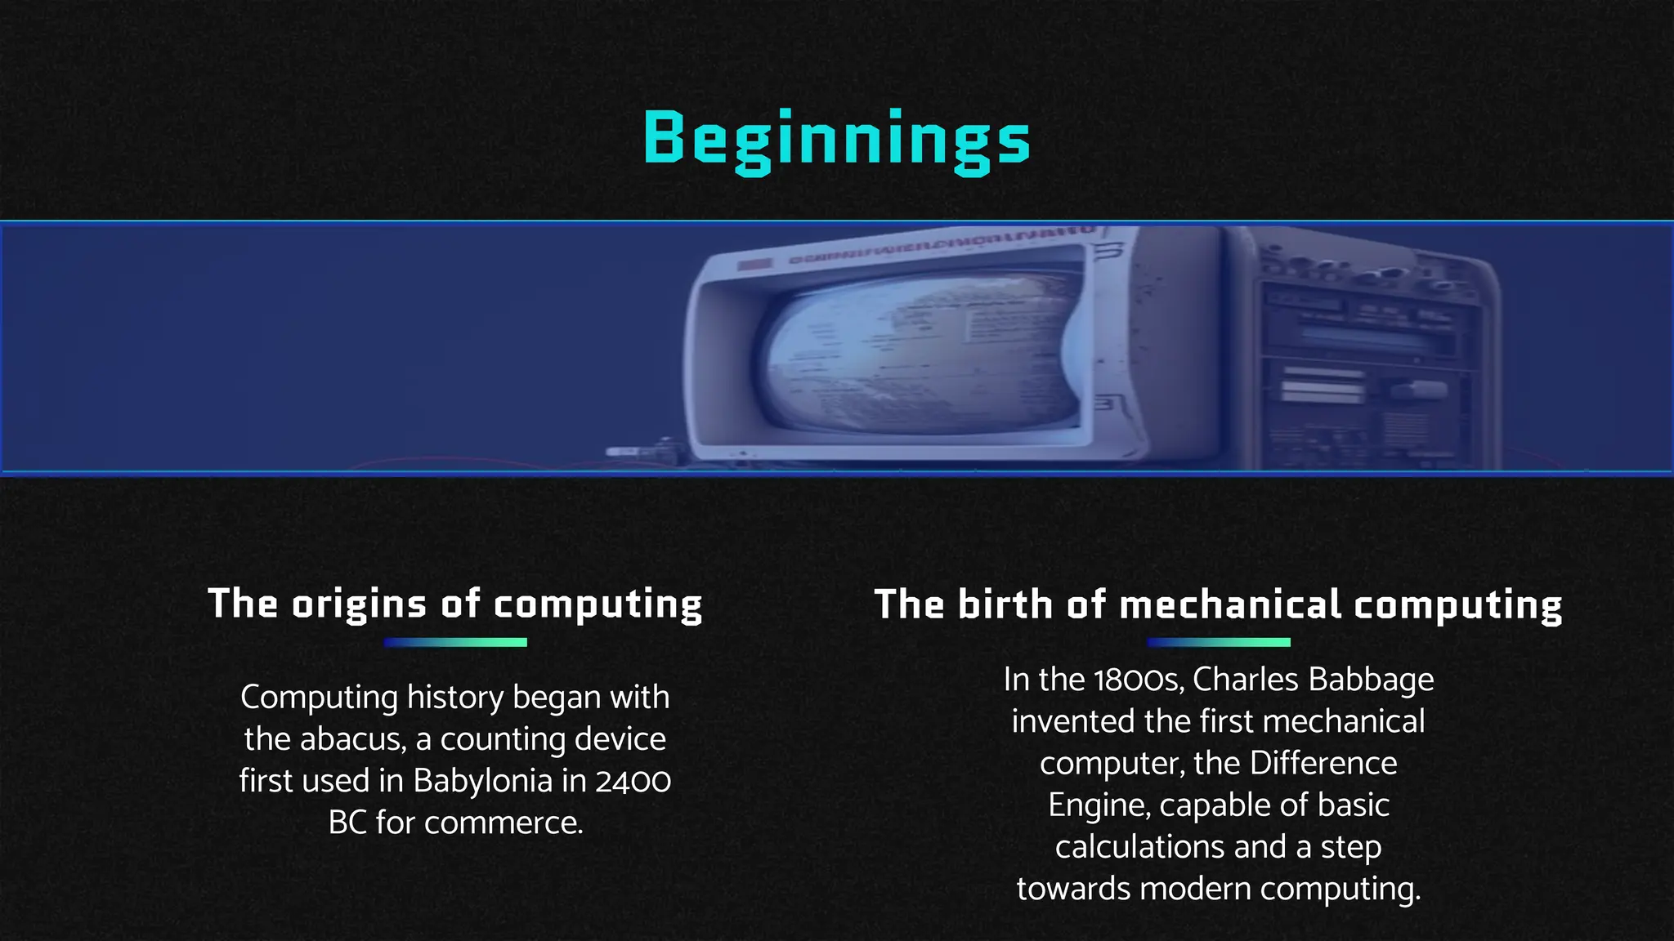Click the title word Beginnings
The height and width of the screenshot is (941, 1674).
point(836,139)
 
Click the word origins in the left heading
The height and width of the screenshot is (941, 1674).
point(359,604)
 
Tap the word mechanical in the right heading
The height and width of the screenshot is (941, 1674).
point(1230,604)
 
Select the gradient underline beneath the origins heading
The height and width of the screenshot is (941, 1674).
point(455,643)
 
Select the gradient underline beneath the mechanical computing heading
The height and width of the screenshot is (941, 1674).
point(1218,643)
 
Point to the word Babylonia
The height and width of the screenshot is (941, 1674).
point(482,781)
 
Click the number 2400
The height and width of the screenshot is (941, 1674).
point(633,782)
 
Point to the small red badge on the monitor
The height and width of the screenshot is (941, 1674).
point(754,265)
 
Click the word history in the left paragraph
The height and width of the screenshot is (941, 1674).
point(455,698)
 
